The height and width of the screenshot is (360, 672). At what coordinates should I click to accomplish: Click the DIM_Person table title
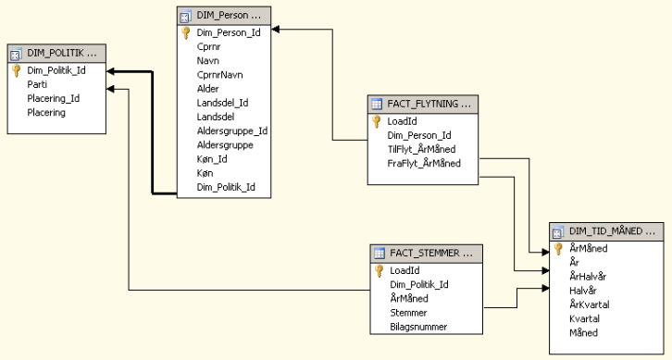(x=228, y=16)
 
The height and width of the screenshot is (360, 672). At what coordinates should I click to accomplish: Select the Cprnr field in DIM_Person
(x=208, y=46)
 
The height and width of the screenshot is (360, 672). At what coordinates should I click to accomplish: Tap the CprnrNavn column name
(x=220, y=75)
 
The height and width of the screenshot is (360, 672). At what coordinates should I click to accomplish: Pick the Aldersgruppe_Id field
(x=231, y=130)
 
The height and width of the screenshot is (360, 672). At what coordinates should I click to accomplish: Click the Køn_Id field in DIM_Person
(x=212, y=159)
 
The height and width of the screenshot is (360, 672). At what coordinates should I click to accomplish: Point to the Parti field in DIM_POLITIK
(x=37, y=84)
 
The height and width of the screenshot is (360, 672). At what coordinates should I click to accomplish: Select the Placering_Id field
(x=53, y=98)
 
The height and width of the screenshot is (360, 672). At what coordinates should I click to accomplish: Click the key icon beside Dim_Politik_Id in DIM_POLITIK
(x=17, y=70)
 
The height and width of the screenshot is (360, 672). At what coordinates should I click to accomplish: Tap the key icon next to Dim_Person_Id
(x=186, y=32)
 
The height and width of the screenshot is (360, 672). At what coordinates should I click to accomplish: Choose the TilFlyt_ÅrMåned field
(x=421, y=149)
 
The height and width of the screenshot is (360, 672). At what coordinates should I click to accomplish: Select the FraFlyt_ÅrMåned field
(x=424, y=163)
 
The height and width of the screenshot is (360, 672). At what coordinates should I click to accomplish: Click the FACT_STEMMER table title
(x=431, y=253)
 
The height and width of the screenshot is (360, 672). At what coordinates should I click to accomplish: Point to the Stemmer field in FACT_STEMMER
(x=408, y=313)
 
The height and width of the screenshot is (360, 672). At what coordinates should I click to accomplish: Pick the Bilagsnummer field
(x=418, y=327)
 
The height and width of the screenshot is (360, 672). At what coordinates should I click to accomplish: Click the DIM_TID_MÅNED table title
(x=612, y=231)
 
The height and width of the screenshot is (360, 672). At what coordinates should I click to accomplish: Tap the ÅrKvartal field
(x=590, y=304)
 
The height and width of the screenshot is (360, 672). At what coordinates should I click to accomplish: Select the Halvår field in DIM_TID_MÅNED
(x=583, y=291)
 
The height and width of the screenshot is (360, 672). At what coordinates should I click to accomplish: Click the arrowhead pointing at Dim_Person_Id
(x=276, y=29)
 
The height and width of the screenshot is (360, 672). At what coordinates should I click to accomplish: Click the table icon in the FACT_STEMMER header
(x=380, y=254)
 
